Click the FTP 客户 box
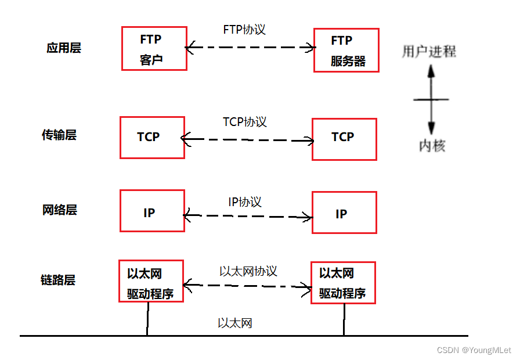click(154, 49)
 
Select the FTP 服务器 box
click(346, 51)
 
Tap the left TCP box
click(152, 138)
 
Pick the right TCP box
click(344, 139)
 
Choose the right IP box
click(344, 213)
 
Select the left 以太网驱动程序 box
click(151, 281)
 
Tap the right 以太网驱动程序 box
click(343, 283)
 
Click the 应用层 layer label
click(63, 48)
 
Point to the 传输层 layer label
click(59, 135)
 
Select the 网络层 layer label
click(60, 210)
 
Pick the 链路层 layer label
click(58, 280)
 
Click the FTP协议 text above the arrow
click(244, 30)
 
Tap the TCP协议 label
click(244, 122)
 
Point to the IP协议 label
click(244, 202)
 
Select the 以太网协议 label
click(248, 271)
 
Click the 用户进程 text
click(429, 52)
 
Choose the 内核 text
click(432, 146)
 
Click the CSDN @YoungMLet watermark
click(474, 350)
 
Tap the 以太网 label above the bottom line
click(234, 323)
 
